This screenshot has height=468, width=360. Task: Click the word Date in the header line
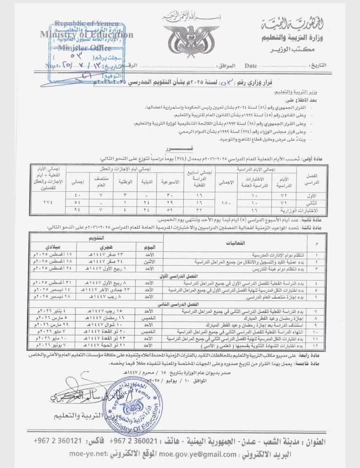[x=251, y=66]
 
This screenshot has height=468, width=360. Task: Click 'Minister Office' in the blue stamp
[x=78, y=48]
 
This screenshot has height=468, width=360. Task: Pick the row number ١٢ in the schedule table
[x=313, y=345]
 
